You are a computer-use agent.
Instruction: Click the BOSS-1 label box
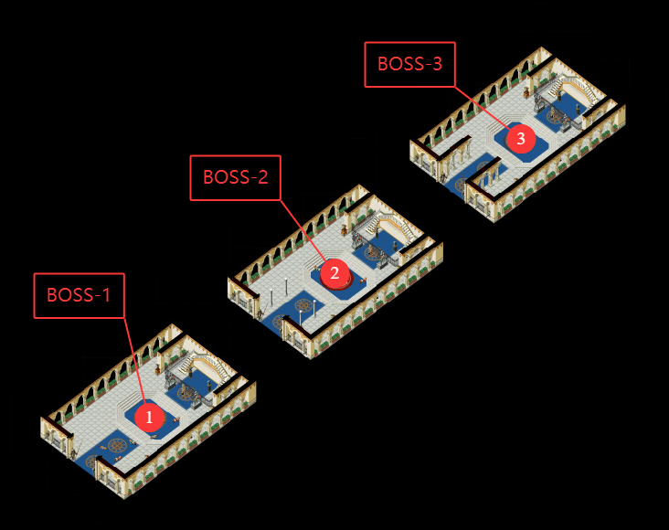79,295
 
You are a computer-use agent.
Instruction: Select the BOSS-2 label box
235,177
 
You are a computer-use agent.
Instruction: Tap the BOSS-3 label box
409,64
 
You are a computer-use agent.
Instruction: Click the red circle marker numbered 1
150,418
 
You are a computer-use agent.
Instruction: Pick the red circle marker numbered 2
334,272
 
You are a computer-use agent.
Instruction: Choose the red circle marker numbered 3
521,139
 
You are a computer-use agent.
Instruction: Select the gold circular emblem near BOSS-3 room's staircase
556,116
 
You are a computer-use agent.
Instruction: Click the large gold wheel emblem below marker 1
117,444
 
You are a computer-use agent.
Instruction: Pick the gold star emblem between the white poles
301,304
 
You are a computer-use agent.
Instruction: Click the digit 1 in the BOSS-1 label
105,295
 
